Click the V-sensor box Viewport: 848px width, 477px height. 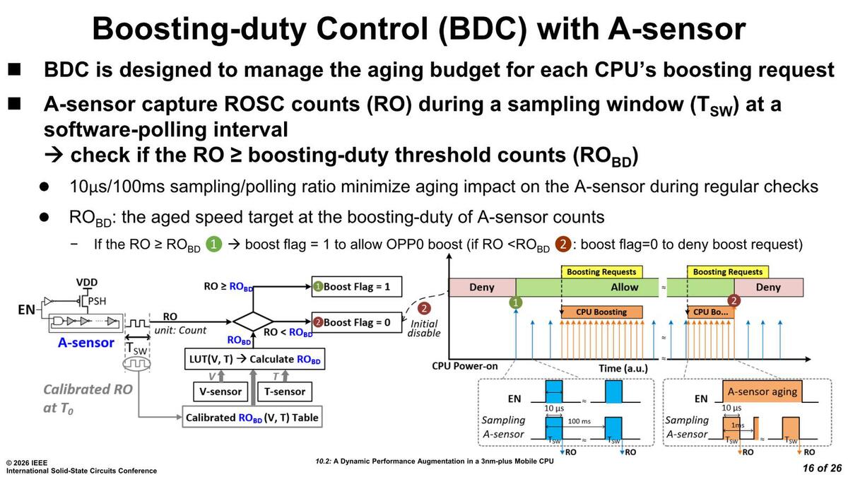point(218,391)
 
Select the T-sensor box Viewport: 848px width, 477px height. point(285,391)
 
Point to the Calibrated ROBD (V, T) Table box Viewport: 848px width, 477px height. point(252,418)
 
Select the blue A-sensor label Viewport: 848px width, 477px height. point(86,343)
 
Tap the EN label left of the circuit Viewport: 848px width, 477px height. point(26,309)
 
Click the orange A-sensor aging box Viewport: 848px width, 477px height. point(762,391)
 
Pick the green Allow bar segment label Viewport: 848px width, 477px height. point(624,287)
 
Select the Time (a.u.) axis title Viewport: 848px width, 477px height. point(620,368)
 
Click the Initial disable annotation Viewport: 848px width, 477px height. point(424,328)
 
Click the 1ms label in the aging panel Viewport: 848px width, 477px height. point(738,425)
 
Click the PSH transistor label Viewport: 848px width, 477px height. point(98,300)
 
